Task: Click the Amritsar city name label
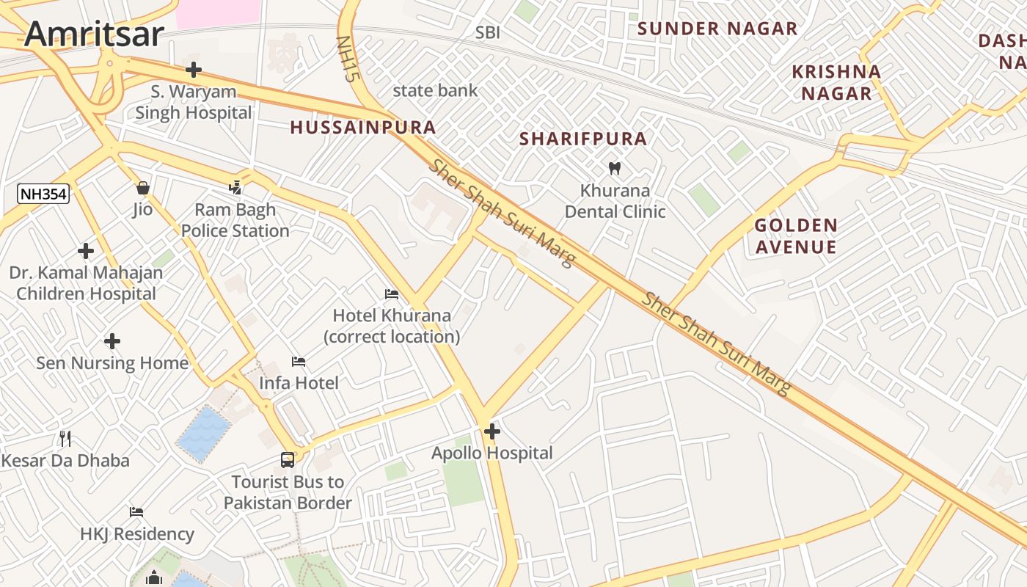(x=93, y=34)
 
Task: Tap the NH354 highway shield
(x=43, y=194)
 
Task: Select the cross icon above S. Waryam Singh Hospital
(x=194, y=70)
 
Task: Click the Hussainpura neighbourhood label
(x=363, y=128)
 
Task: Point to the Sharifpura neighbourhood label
(x=583, y=139)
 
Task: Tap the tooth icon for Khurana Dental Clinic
(x=615, y=168)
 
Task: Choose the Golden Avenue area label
(x=796, y=236)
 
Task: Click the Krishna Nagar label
(x=836, y=82)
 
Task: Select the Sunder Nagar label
(x=717, y=29)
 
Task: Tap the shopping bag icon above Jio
(x=143, y=188)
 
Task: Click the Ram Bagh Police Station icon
(x=235, y=188)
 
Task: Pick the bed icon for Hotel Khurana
(x=392, y=294)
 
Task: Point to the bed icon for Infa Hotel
(x=299, y=361)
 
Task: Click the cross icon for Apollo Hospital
(x=492, y=431)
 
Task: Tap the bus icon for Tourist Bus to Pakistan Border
(x=288, y=460)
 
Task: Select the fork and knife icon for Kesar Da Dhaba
(x=66, y=439)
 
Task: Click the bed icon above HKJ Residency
(x=136, y=511)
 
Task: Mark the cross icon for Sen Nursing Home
(x=112, y=341)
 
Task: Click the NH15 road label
(x=346, y=58)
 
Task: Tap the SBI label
(x=488, y=32)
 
